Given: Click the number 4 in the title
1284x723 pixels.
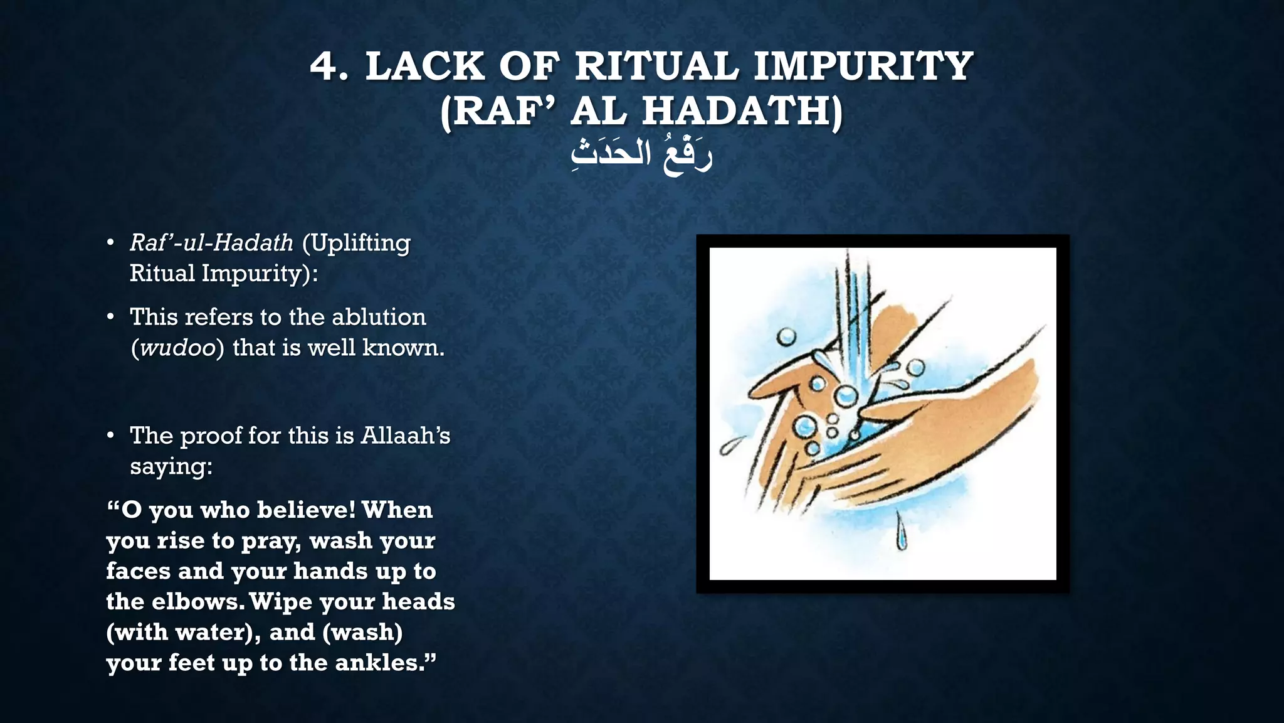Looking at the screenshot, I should pyautogui.click(x=327, y=67).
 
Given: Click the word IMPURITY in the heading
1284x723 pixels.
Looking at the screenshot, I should pyautogui.click(x=863, y=67).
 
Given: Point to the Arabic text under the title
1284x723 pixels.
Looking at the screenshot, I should pyautogui.click(x=642, y=155).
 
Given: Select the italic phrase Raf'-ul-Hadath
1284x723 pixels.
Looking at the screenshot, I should pyautogui.click(x=211, y=243).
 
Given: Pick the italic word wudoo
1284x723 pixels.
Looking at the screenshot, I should pyautogui.click(x=178, y=348).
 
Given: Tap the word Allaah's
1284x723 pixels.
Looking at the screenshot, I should pyautogui.click(x=405, y=436).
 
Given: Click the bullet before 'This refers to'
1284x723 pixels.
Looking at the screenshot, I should pyautogui.click(x=110, y=317).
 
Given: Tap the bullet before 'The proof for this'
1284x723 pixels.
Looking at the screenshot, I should pyautogui.click(x=110, y=436).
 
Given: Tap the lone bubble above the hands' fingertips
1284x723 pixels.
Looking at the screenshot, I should pyautogui.click(x=786, y=337).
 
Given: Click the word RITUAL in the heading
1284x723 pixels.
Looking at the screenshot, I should pyautogui.click(x=656, y=67).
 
